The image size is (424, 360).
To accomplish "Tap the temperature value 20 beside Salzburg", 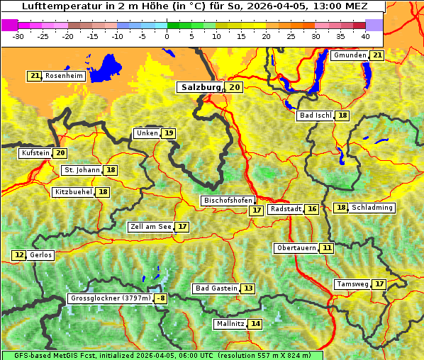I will [x=235, y=87].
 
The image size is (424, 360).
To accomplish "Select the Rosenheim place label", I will [x=64, y=76].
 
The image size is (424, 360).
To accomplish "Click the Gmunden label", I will [x=350, y=55].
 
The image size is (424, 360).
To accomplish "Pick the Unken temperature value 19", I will [x=168, y=133].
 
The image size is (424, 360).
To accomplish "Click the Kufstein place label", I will [x=35, y=153].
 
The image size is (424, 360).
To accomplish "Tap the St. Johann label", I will [x=81, y=170].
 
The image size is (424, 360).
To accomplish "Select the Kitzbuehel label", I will [x=73, y=192].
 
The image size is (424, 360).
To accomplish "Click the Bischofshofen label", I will [x=227, y=201].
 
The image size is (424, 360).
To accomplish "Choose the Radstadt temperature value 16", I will [x=312, y=209].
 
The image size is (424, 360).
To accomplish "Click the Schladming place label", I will [x=372, y=208].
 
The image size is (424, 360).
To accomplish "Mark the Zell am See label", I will [x=150, y=227].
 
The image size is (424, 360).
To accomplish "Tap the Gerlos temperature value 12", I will [x=19, y=255].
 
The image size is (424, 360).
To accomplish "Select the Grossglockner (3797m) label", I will [x=111, y=298].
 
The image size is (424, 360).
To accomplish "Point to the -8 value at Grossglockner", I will [x=161, y=298].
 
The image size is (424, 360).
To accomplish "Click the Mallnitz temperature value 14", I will [x=255, y=324].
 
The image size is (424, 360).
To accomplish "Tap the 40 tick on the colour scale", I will [x=364, y=36].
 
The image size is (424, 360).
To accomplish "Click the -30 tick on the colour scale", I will [x=18, y=36].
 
